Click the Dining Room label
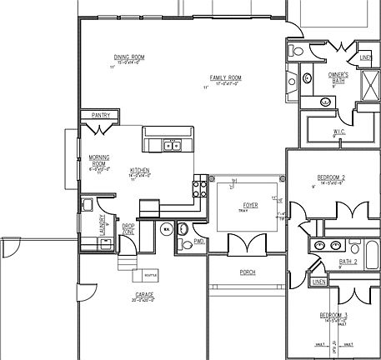(129, 57)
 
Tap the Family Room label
(226, 78)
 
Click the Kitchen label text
(139, 170)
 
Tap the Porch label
(247, 272)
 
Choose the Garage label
(143, 295)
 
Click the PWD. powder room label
(198, 242)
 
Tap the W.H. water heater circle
(167, 229)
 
